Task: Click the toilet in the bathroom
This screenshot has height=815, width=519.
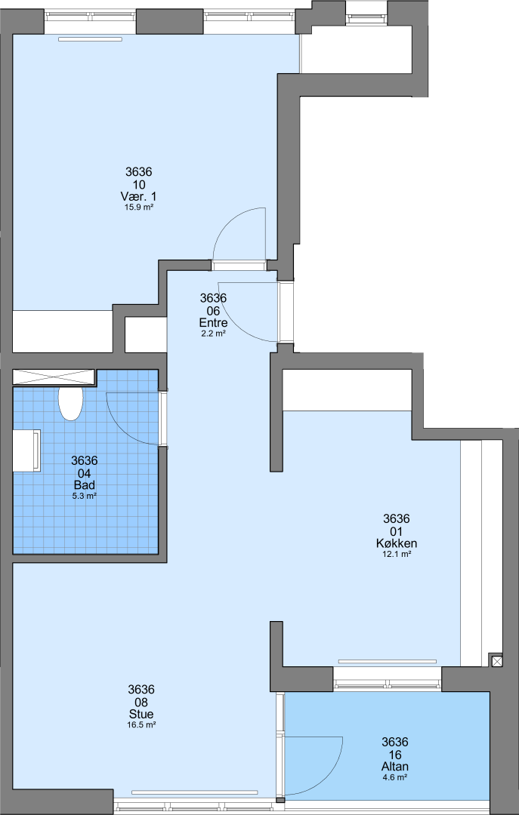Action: coord(70,403)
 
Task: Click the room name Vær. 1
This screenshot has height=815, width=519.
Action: coord(138,196)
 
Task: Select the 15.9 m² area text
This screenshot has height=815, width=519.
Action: coord(138,207)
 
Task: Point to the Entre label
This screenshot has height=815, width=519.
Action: coord(214,323)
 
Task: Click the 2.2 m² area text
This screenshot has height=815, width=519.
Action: coord(214,334)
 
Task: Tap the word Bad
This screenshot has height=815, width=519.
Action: coord(85,485)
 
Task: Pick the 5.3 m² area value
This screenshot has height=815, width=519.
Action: coord(85,496)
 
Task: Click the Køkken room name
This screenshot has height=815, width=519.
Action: coord(397,543)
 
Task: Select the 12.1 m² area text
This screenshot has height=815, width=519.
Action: coord(397,554)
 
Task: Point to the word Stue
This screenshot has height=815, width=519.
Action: coord(141,714)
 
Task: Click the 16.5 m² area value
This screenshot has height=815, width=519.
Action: coord(141,724)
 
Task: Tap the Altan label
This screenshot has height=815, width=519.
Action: coord(395,767)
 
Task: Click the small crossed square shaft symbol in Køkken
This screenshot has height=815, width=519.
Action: coord(497,660)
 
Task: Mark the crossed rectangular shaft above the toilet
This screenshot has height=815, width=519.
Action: coord(53,377)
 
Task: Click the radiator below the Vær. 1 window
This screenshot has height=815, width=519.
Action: coord(90,39)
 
